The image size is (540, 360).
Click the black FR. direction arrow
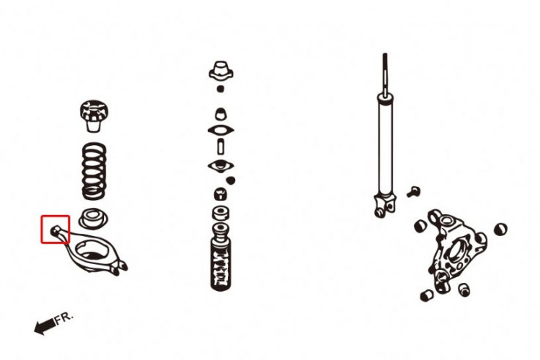click(x=45, y=326)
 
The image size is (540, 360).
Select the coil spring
click(x=94, y=172)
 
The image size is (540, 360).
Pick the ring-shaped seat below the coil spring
click(x=93, y=218)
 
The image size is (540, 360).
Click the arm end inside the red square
click(x=56, y=229)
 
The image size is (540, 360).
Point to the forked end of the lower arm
click(x=119, y=268)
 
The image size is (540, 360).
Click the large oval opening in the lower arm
click(x=92, y=251)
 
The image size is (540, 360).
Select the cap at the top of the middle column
click(x=221, y=70)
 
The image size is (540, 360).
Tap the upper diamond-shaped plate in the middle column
click(x=221, y=131)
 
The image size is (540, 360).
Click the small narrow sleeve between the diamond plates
click(x=221, y=146)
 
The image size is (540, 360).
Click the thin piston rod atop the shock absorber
click(x=385, y=73)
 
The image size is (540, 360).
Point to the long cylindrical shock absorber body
click(x=385, y=144)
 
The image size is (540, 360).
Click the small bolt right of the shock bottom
click(x=413, y=191)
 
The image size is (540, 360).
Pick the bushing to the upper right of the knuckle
click(x=500, y=229)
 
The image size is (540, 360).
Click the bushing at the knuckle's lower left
click(x=427, y=295)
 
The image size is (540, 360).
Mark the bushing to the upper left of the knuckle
click(x=420, y=226)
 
